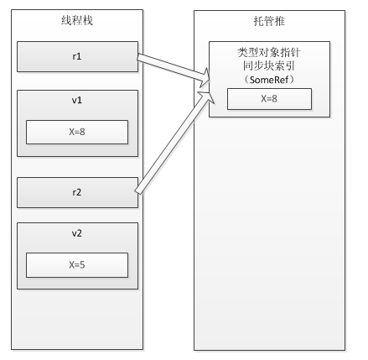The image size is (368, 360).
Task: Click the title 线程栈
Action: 77,20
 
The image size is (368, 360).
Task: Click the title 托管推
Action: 269,21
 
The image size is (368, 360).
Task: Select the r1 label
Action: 77,56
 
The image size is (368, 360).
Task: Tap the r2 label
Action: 77,192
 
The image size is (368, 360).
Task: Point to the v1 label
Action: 77,100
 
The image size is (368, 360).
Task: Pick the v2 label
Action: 77,233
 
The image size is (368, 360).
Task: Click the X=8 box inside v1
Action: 77,132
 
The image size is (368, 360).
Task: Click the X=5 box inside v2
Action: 77,265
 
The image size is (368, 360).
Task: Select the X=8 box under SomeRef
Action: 269,99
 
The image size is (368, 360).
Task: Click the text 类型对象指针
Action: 269,53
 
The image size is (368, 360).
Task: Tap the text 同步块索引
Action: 269,66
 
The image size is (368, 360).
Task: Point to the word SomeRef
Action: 269,80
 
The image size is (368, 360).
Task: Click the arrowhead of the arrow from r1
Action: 205,77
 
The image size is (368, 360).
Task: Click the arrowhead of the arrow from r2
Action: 207,97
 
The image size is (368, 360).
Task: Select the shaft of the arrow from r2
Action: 171,144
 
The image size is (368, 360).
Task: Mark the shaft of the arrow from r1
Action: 171,67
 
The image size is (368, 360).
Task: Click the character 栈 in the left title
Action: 88,20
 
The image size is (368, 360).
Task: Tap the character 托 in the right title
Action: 258,21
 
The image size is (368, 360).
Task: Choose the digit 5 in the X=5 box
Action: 82,265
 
